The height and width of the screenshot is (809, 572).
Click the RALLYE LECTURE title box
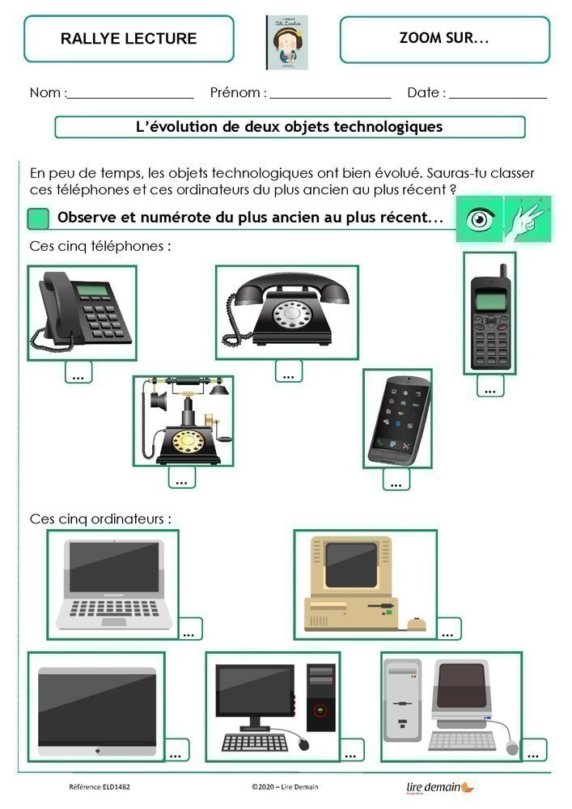pyautogui.click(x=129, y=39)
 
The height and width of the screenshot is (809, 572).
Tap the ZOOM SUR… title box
pyautogui.click(x=444, y=39)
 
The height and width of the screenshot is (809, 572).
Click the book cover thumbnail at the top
pyautogui.click(x=286, y=42)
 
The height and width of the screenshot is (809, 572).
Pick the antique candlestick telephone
pyautogui.click(x=183, y=420)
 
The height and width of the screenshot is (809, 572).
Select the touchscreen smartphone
pyautogui.click(x=397, y=418)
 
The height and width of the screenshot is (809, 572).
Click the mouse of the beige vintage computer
pyautogui.click(x=416, y=623)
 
